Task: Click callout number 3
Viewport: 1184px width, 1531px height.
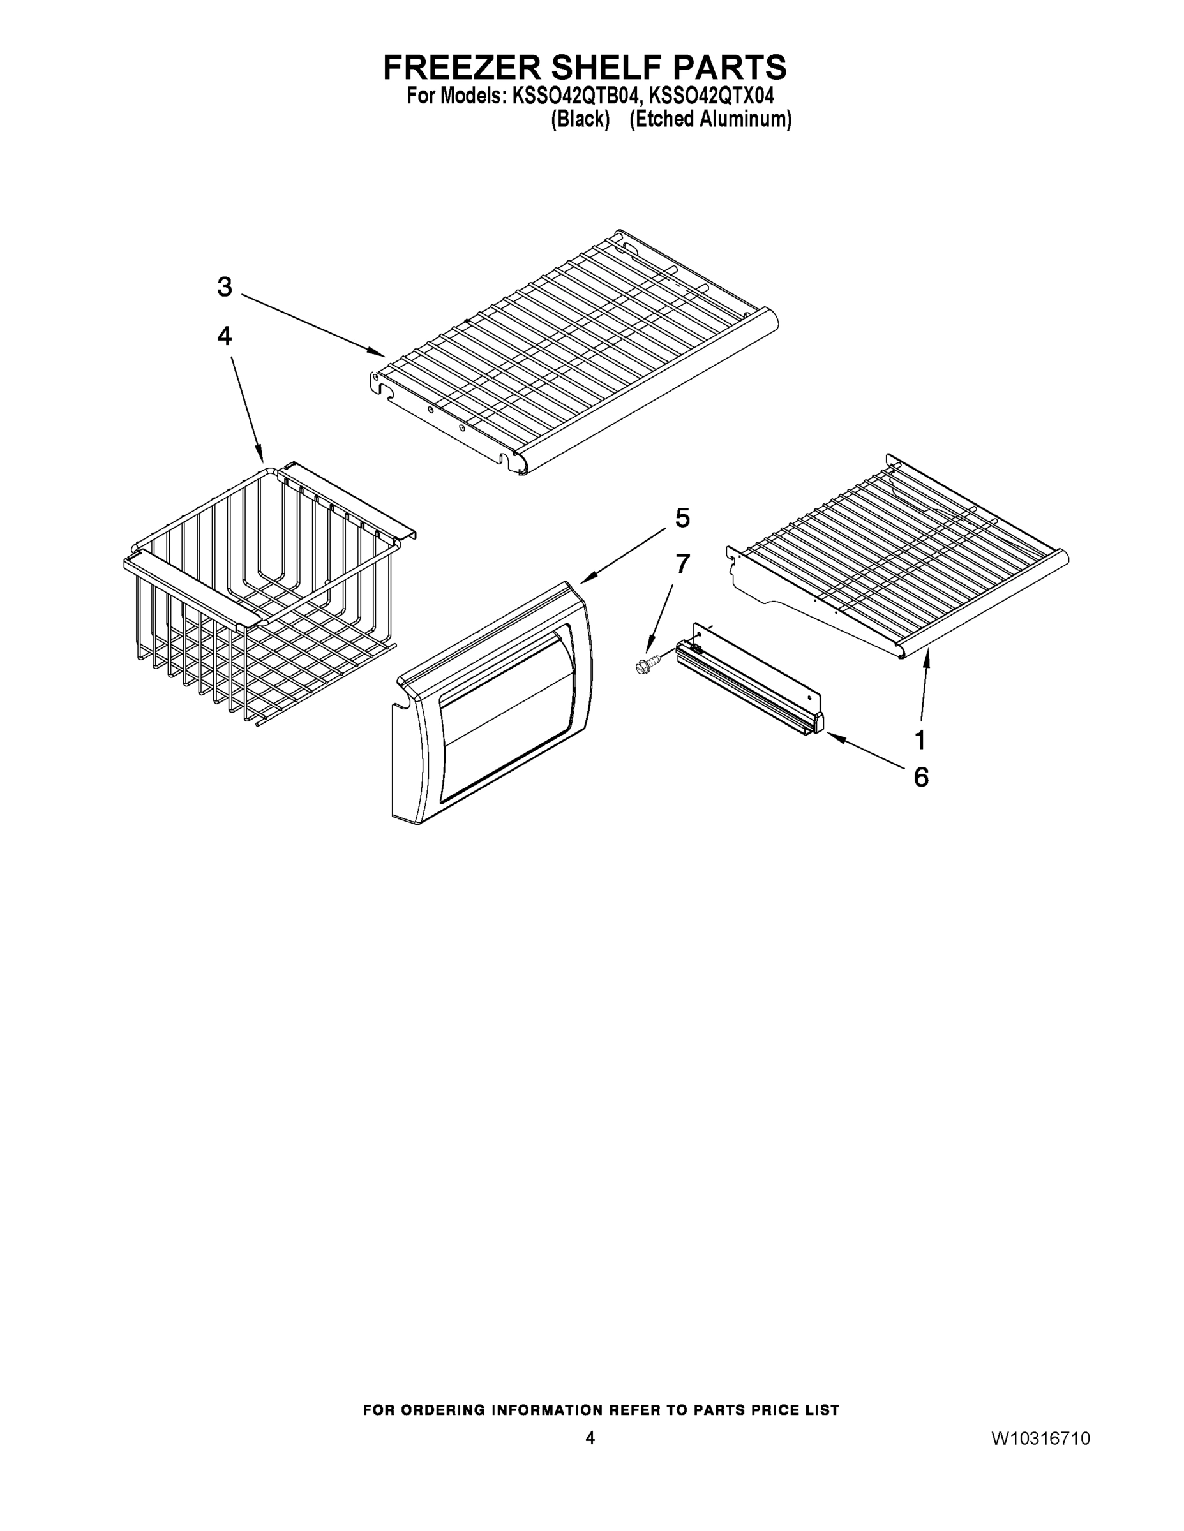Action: [225, 286]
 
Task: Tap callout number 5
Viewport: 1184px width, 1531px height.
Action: [682, 518]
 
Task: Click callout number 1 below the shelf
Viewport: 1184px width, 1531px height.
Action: [920, 739]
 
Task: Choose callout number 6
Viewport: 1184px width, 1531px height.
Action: [921, 777]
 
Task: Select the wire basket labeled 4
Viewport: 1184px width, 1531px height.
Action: [267, 596]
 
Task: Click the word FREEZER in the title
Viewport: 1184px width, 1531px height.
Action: [462, 68]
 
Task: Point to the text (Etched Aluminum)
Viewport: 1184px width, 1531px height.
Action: [710, 119]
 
